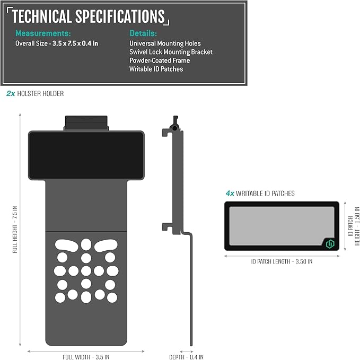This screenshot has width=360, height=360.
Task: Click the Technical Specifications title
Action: point(88,16)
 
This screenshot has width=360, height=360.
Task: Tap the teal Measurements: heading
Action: point(43,33)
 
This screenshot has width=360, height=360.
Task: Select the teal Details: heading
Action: point(143,33)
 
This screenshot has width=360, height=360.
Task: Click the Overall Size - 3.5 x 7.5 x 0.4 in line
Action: point(57,43)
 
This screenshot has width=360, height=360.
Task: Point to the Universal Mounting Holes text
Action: point(165,43)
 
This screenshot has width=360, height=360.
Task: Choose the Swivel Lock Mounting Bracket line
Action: point(171,52)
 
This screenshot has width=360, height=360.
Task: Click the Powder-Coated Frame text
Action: point(160,60)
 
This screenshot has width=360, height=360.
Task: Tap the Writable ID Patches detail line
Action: point(156,69)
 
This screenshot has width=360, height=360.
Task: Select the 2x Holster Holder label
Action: point(35,93)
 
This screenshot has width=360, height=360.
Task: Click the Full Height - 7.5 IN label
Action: point(15,230)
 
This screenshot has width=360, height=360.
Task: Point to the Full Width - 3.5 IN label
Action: point(86,357)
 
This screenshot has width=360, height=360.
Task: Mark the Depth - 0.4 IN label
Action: point(186,357)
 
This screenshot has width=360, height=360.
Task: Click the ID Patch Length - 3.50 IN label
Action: point(282,261)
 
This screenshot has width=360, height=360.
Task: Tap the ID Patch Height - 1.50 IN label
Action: point(354,226)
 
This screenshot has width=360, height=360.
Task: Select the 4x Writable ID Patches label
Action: point(260,194)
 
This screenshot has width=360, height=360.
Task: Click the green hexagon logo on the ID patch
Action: point(330,244)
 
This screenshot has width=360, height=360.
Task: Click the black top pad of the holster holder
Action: point(86,155)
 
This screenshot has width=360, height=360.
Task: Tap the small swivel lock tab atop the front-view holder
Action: point(86,123)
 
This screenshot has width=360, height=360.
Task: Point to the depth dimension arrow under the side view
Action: point(187,352)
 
